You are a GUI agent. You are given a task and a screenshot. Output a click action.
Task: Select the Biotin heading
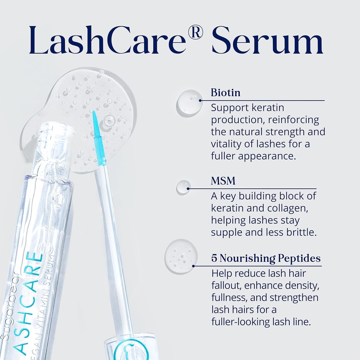[x=226, y=93]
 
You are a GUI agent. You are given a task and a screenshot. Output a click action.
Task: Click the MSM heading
[x=223, y=181]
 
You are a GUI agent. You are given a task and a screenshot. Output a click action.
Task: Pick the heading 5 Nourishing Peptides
[x=266, y=259]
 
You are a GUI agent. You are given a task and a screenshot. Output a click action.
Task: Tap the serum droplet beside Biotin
[x=190, y=102]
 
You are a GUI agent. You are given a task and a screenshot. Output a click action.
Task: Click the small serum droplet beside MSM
[x=184, y=187]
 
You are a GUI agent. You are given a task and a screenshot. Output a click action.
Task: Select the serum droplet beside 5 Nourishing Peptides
[x=181, y=256]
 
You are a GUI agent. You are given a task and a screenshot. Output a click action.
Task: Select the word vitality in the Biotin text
[x=224, y=144]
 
